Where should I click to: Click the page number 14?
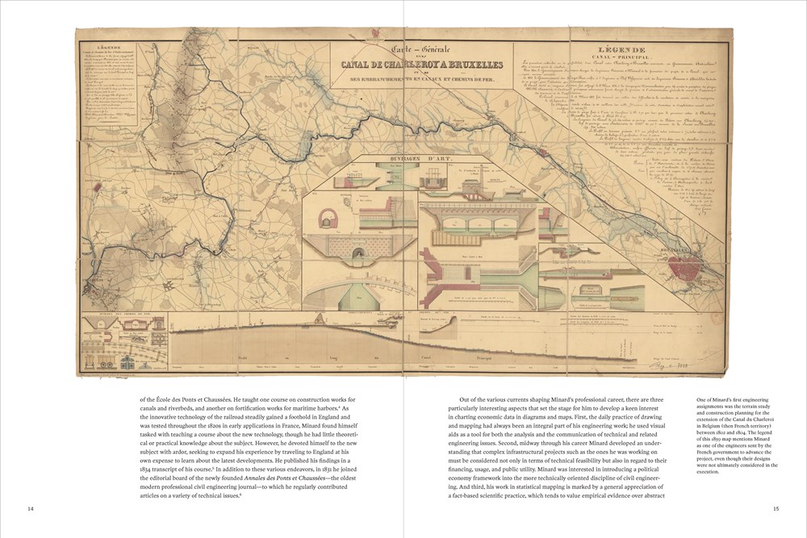coord(30,508)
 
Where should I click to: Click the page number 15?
coord(776,508)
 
